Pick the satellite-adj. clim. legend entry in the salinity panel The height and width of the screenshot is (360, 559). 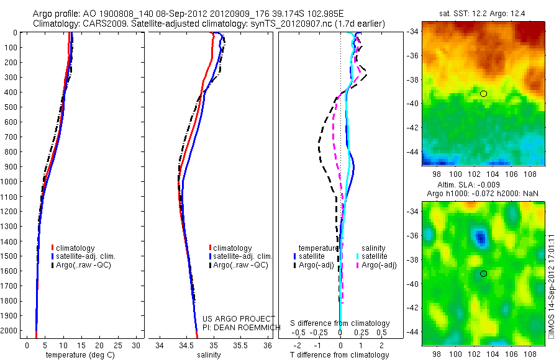pos(242,256)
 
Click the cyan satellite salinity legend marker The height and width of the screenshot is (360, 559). pos(358,256)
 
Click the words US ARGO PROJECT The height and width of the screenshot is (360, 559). pos(239,318)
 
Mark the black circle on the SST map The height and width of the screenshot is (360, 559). pos(483,94)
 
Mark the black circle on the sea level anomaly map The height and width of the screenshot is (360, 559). pos(483,274)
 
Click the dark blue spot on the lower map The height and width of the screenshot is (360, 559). pos(479,236)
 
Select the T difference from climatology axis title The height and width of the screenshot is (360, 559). pos(340,356)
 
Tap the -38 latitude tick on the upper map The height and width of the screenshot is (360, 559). pos(413,79)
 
